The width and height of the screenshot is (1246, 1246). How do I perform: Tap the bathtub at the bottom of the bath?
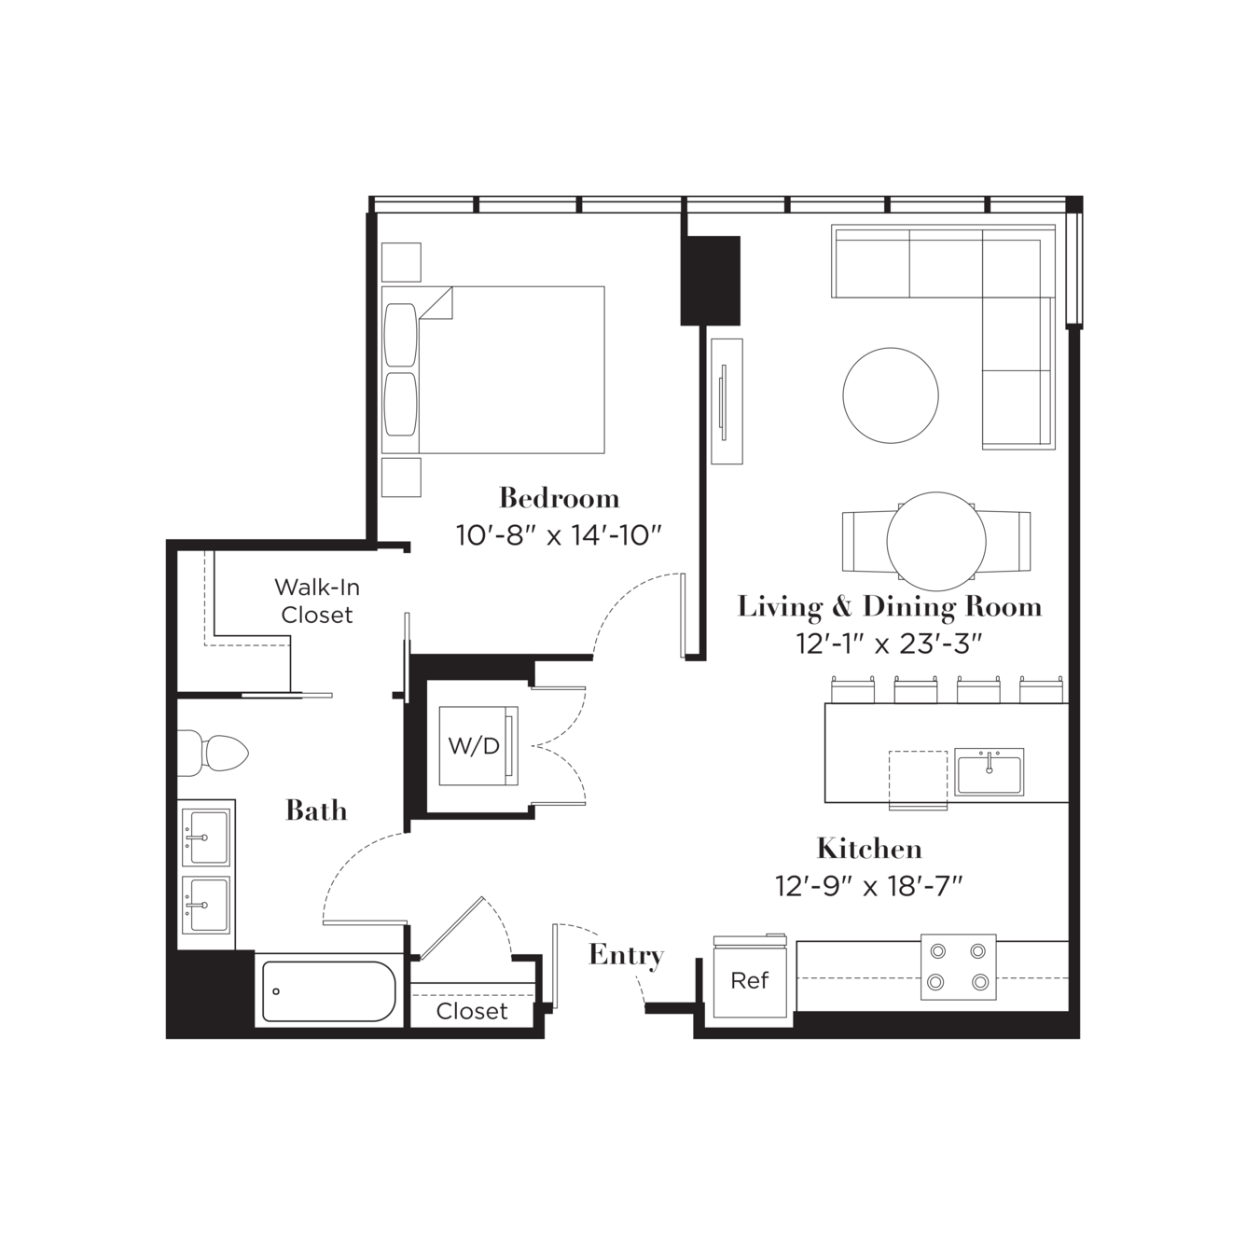click(x=328, y=991)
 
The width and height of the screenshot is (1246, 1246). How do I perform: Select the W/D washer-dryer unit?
click(x=478, y=746)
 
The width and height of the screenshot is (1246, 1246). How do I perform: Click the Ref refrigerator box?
click(x=750, y=980)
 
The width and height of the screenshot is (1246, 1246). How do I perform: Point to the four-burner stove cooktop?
click(x=958, y=966)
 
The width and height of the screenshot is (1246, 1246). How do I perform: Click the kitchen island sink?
click(x=990, y=771)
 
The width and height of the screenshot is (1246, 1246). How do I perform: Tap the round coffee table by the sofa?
click(x=891, y=395)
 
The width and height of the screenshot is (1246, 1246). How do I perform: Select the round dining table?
click(x=936, y=541)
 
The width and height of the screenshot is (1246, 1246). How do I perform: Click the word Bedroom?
click(x=560, y=499)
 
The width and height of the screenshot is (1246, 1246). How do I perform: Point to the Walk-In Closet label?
click(x=317, y=601)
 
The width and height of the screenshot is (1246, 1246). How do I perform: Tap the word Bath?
click(x=316, y=810)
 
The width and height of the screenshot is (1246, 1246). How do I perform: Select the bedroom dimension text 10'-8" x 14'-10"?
click(x=560, y=535)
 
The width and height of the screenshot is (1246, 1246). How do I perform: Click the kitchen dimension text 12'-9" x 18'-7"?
click(x=869, y=886)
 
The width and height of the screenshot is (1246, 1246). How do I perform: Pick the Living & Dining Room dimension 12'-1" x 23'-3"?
click(x=890, y=644)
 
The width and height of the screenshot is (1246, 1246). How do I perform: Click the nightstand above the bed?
click(x=401, y=262)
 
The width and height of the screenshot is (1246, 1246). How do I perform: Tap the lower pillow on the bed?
click(x=400, y=405)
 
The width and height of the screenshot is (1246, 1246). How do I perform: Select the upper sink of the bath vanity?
click(x=205, y=838)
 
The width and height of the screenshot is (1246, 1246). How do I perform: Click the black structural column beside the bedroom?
click(x=710, y=281)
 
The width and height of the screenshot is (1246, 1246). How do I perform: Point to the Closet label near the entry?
click(x=472, y=1011)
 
